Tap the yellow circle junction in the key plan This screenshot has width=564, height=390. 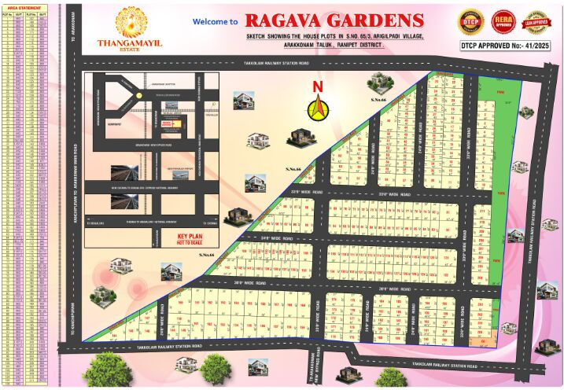click(138, 94)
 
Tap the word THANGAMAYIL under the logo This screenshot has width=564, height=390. click(127, 44)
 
